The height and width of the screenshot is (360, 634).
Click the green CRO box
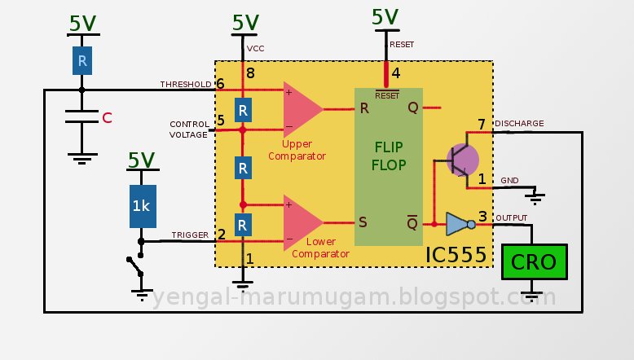point(534,262)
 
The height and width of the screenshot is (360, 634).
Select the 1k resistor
point(141,206)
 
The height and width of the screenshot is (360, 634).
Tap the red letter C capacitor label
point(107,119)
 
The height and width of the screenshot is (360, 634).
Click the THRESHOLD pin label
point(186,84)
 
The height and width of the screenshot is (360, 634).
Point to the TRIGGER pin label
point(190,235)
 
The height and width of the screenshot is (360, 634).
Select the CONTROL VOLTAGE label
point(189,130)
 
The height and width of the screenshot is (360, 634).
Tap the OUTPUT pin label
point(511,217)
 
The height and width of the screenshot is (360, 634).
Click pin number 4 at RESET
point(395,73)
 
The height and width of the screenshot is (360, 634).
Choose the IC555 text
point(456,255)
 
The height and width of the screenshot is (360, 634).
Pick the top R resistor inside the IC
point(242,109)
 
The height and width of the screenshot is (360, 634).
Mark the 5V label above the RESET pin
point(385,16)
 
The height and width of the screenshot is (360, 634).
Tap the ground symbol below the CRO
point(533,292)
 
